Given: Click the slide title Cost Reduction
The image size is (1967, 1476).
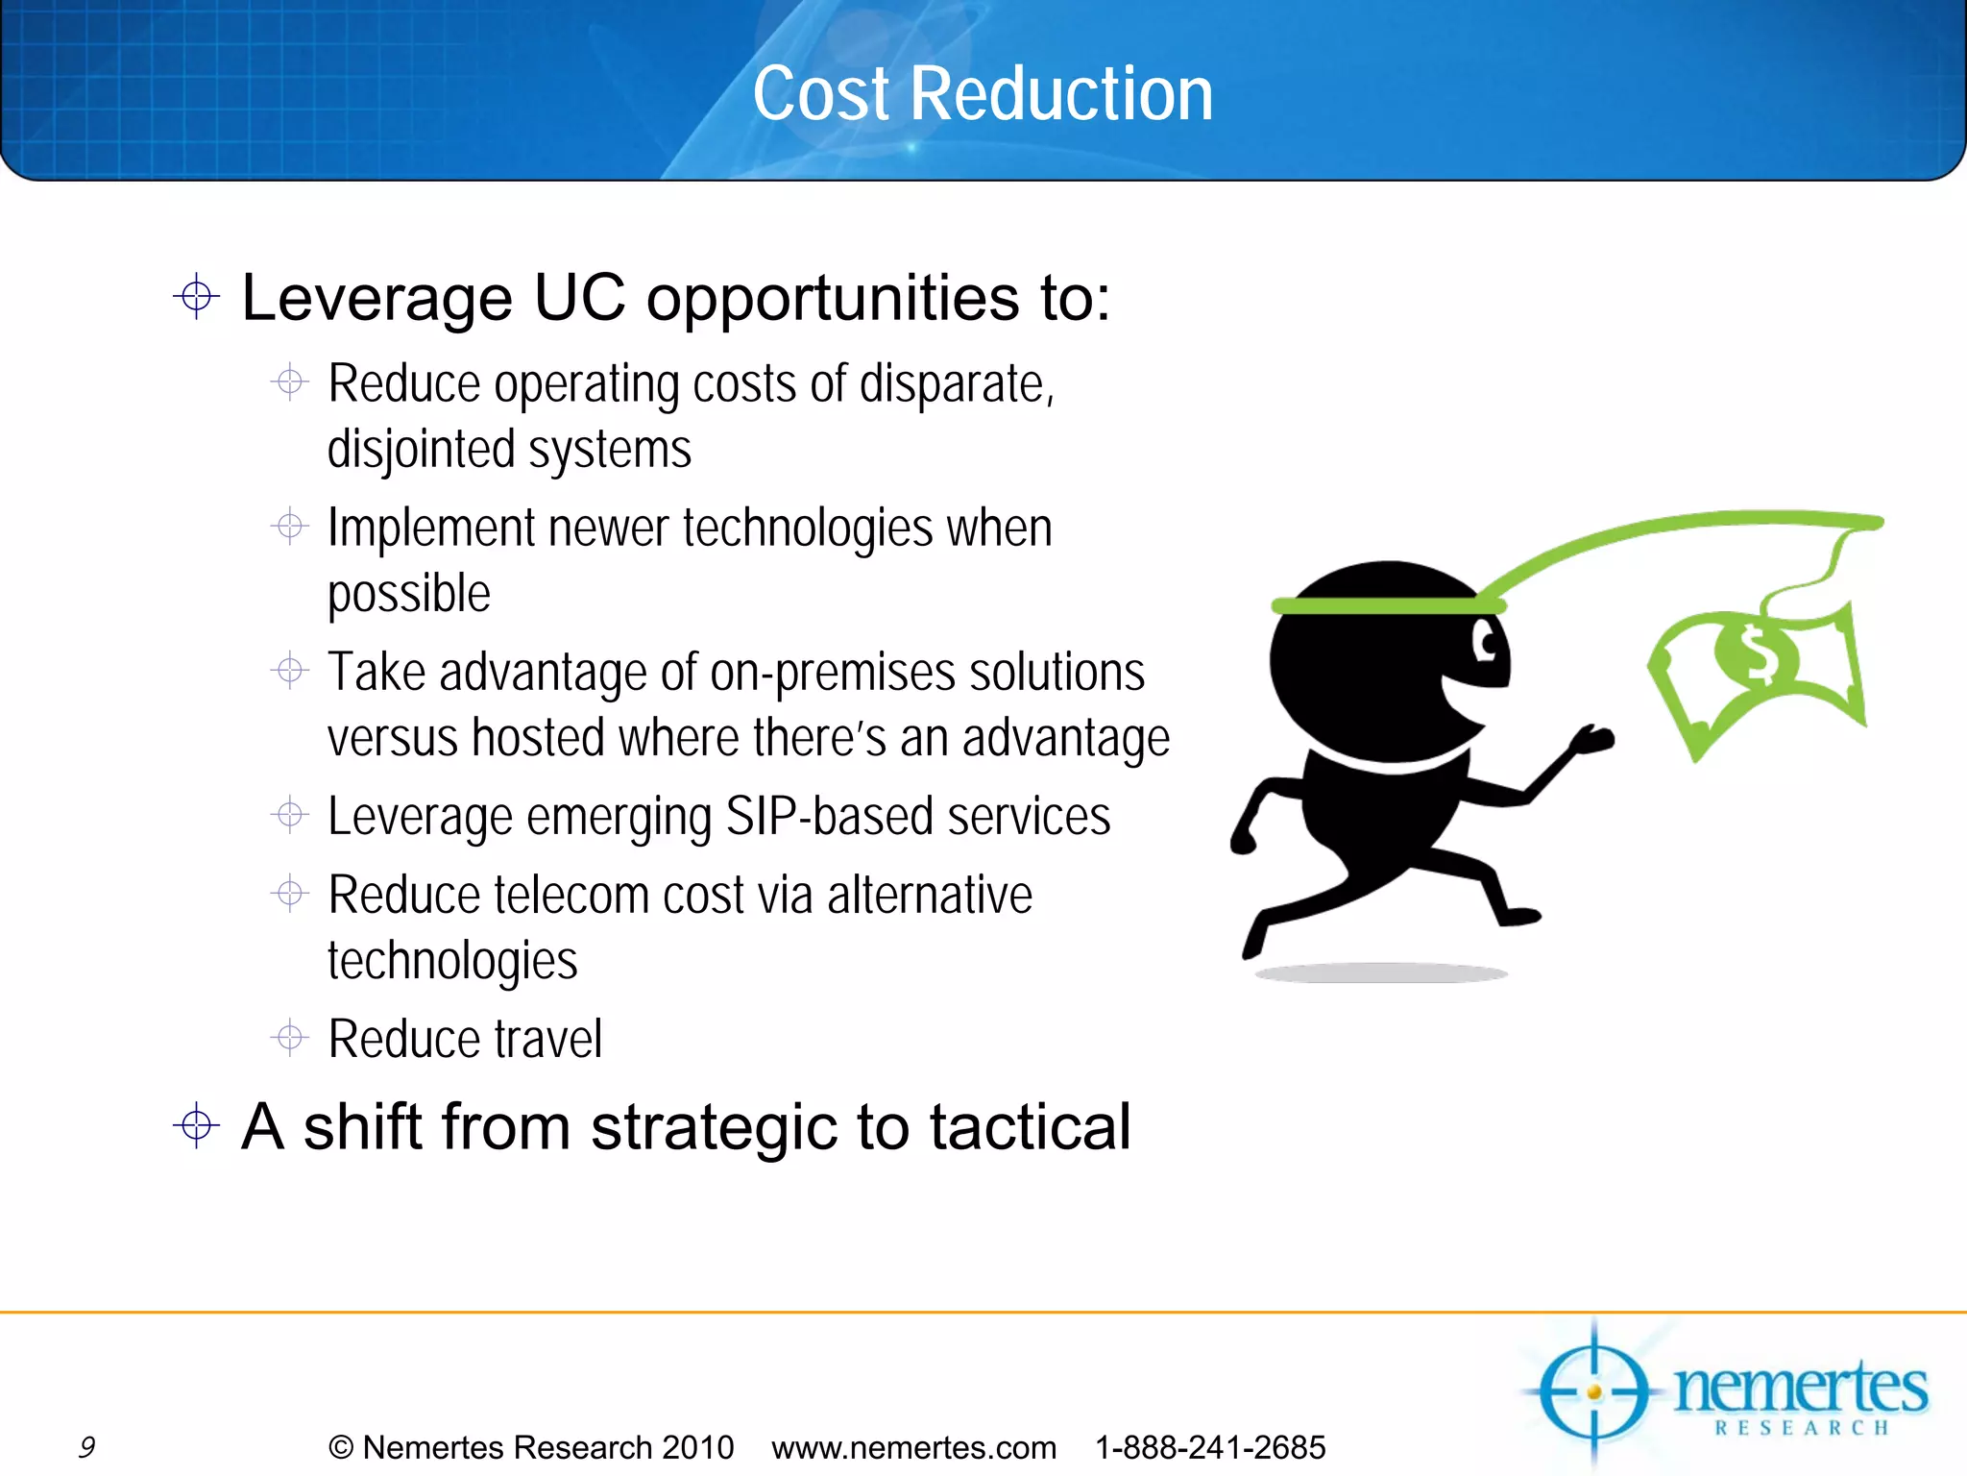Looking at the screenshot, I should [x=983, y=93].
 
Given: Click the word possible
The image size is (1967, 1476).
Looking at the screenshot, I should [x=409, y=594].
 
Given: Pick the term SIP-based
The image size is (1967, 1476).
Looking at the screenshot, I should [x=828, y=817].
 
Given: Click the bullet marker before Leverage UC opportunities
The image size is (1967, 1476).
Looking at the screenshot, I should [x=197, y=296].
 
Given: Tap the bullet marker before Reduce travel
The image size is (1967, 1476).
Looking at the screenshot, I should [x=289, y=1038].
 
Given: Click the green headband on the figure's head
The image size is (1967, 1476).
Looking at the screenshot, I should [x=1383, y=605].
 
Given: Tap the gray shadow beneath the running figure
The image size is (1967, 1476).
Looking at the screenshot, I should [x=1381, y=973].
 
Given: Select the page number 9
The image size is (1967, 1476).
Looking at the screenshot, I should [x=86, y=1447].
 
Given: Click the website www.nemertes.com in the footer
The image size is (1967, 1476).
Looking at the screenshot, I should [x=913, y=1447].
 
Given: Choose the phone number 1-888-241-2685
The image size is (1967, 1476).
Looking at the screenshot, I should [x=1210, y=1447].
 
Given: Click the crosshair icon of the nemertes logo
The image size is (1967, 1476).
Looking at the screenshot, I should [x=1594, y=1391].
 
